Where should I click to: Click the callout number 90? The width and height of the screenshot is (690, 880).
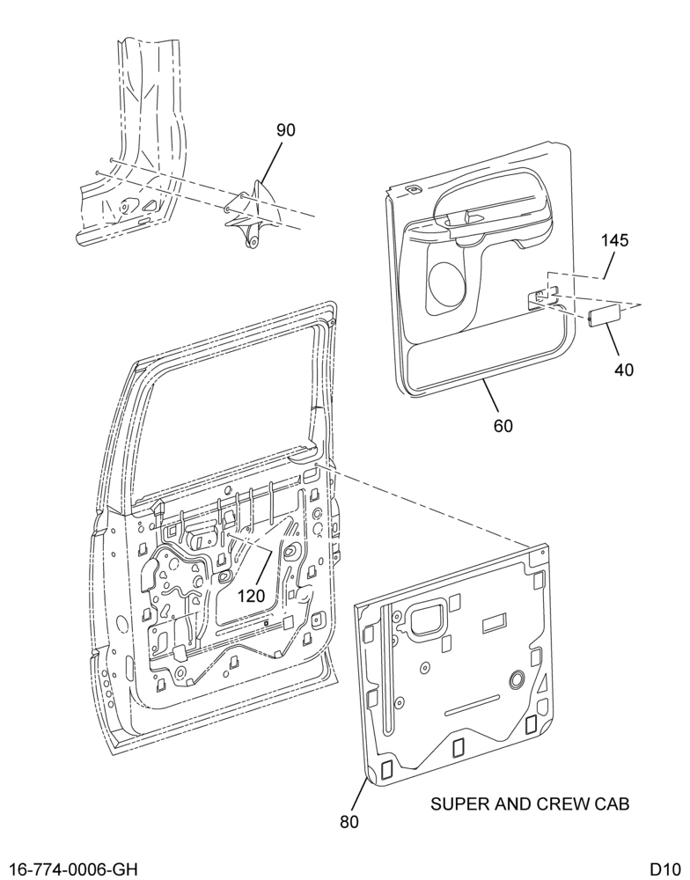(x=285, y=130)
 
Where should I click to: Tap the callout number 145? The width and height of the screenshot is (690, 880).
(x=615, y=241)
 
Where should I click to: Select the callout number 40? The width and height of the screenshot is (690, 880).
(x=624, y=370)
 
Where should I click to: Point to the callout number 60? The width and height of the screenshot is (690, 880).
(x=503, y=426)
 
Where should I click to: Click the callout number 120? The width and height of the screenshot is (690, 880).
(x=251, y=596)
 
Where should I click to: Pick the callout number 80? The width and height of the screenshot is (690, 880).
(x=349, y=822)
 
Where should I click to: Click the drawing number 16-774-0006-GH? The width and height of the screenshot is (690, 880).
(x=74, y=870)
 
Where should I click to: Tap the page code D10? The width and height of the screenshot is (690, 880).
(x=664, y=870)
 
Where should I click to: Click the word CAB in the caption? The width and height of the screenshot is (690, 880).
(x=612, y=804)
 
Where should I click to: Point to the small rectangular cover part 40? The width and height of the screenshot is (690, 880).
(x=604, y=315)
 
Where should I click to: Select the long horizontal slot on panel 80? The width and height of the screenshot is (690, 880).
(x=472, y=706)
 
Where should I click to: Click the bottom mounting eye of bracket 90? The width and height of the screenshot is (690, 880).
(x=253, y=242)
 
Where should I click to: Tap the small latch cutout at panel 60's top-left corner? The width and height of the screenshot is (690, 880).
(x=413, y=189)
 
